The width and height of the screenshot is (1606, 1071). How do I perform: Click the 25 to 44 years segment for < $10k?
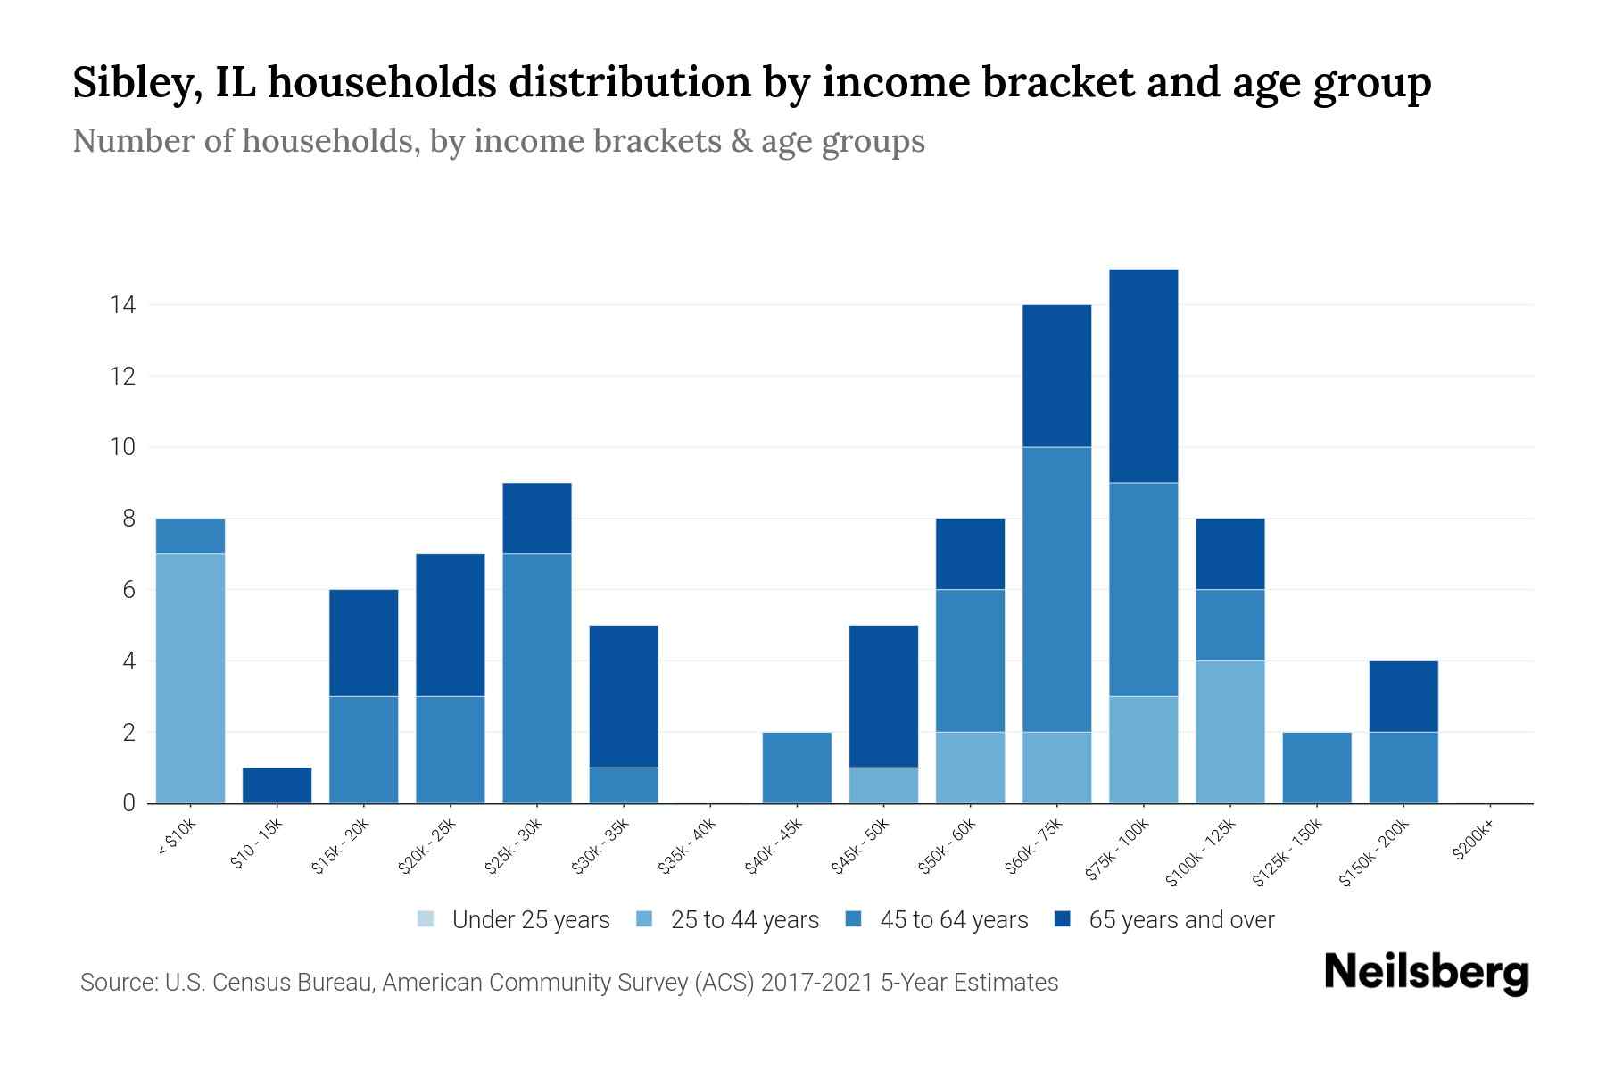coord(190,678)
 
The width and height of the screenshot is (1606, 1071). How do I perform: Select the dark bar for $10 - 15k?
coord(277,785)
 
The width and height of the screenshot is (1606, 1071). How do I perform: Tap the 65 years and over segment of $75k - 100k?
coord(1143,376)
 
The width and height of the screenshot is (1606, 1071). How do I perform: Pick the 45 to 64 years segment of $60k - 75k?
coord(1056,589)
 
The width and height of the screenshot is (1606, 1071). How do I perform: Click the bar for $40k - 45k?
coord(797,768)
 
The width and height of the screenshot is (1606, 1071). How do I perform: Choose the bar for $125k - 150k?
coord(1316,768)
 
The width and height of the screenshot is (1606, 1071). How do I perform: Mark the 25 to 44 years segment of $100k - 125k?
coord(1229,732)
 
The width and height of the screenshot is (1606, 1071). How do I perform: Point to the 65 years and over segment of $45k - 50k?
coord(883,696)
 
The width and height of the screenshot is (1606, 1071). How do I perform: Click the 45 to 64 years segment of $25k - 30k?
coord(536,678)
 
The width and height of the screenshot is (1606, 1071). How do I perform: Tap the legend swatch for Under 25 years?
coord(426,918)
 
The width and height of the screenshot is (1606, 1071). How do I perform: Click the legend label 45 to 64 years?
coord(954,920)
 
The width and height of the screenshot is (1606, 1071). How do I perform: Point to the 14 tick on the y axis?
coord(122,305)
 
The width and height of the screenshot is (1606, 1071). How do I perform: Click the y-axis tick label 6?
coord(128,590)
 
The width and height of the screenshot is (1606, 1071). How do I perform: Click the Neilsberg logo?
coord(1426,973)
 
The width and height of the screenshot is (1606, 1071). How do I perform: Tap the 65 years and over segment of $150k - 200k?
coord(1403,696)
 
